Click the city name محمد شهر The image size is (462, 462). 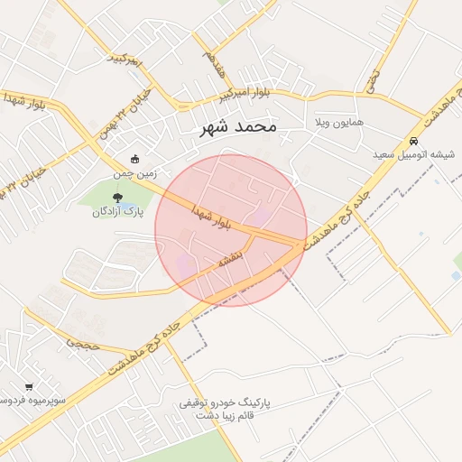click(238, 127)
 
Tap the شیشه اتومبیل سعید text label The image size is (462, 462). click(414, 154)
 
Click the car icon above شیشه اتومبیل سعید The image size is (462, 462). click(413, 141)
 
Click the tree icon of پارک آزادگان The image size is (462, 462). click(117, 198)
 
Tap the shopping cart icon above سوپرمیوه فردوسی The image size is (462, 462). click(29, 386)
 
